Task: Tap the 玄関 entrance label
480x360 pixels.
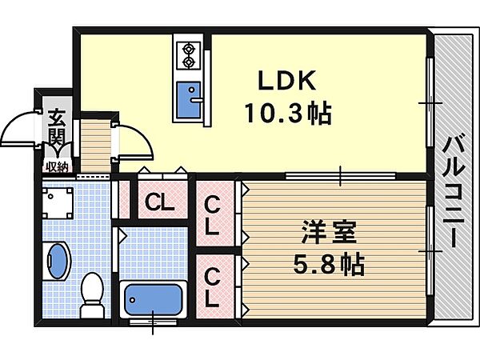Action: [57, 127]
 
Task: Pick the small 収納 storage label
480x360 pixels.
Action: [57, 167]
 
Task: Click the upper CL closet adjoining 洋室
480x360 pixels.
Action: [212, 216]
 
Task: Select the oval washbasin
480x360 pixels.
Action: [58, 261]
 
